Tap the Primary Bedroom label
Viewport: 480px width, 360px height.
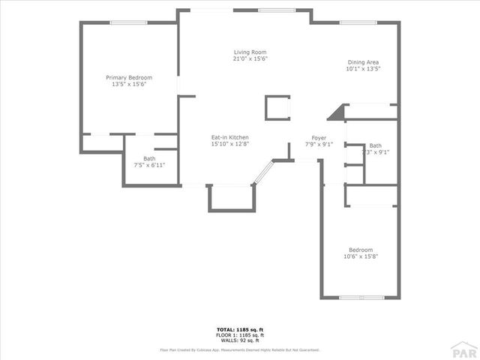pos(129,77)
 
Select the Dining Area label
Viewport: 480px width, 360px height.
pos(363,62)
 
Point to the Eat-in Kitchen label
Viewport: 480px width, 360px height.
pos(229,137)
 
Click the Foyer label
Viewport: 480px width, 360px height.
pos(319,138)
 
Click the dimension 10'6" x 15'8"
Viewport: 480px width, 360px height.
pos(360,256)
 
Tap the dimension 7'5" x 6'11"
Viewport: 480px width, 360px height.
pos(149,165)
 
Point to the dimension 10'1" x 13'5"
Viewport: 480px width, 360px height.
pos(363,69)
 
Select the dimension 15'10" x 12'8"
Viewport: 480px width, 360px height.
pos(229,144)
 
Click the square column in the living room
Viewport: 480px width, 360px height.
pos(277,108)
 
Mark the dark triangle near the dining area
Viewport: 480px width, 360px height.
pos(337,112)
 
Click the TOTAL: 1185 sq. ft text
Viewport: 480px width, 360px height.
pos(240,329)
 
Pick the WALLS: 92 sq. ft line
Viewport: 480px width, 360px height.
pos(240,340)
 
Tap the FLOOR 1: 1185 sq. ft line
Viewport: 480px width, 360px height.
pos(240,335)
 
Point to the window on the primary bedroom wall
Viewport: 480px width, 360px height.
pos(128,22)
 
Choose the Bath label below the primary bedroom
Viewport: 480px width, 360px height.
pos(149,158)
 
